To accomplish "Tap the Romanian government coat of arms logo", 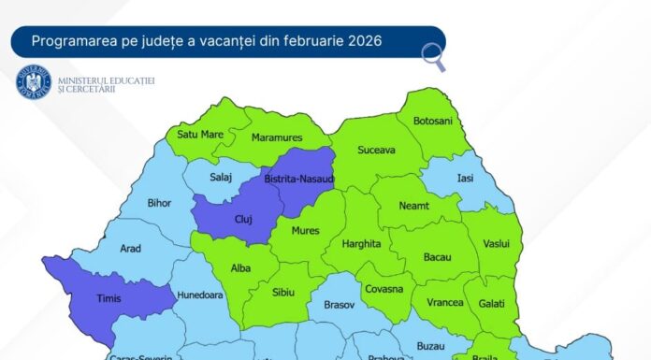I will point(34,82).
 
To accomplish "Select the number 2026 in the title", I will point(364,42).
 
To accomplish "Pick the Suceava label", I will point(376,149).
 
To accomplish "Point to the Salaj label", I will point(222,176).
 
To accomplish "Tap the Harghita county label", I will point(362,244).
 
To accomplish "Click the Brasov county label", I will point(339,305).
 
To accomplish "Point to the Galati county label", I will point(490,304).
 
